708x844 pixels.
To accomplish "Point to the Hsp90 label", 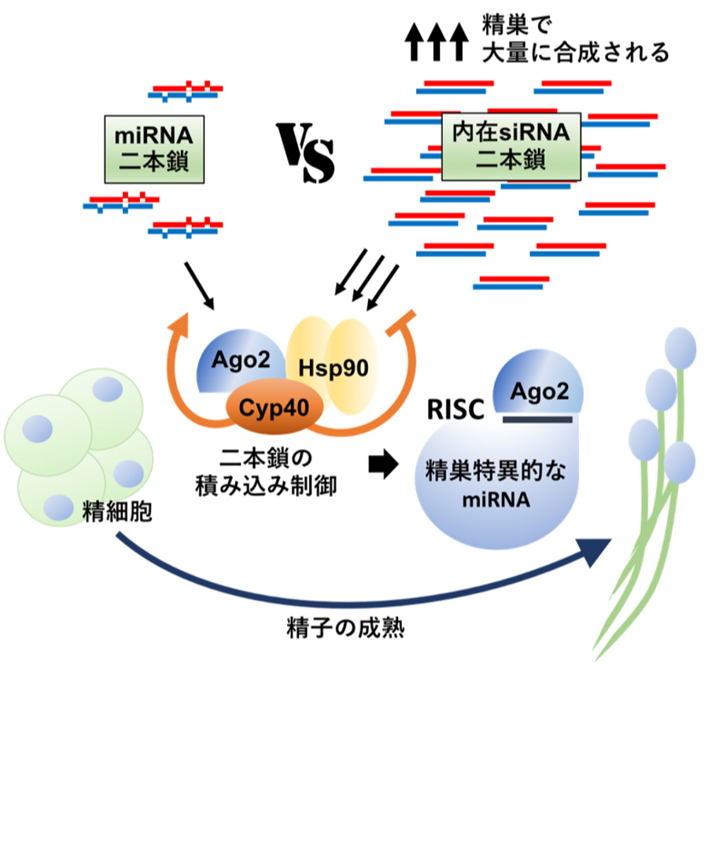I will point(344,367).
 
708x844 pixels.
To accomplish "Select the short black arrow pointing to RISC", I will point(384,464).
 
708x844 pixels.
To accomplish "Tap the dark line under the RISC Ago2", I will point(537,420).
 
